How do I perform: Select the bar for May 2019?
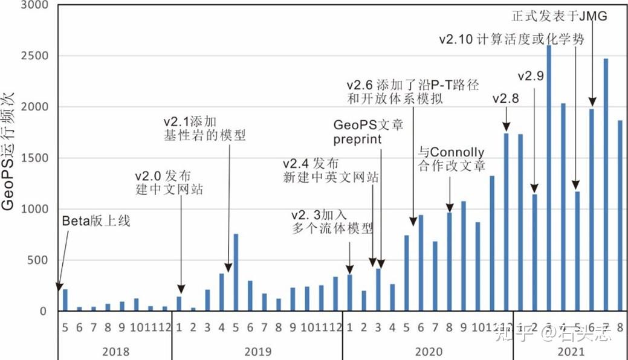pyautogui.click(x=236, y=272)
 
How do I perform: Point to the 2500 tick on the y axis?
pyautogui.click(x=37, y=56)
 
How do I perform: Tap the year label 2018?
pyautogui.click(x=115, y=351)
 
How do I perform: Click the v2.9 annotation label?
pyautogui.click(x=531, y=76)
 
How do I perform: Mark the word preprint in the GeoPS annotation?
pyautogui.click(x=357, y=140)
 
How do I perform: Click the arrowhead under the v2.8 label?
pyautogui.click(x=506, y=127)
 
